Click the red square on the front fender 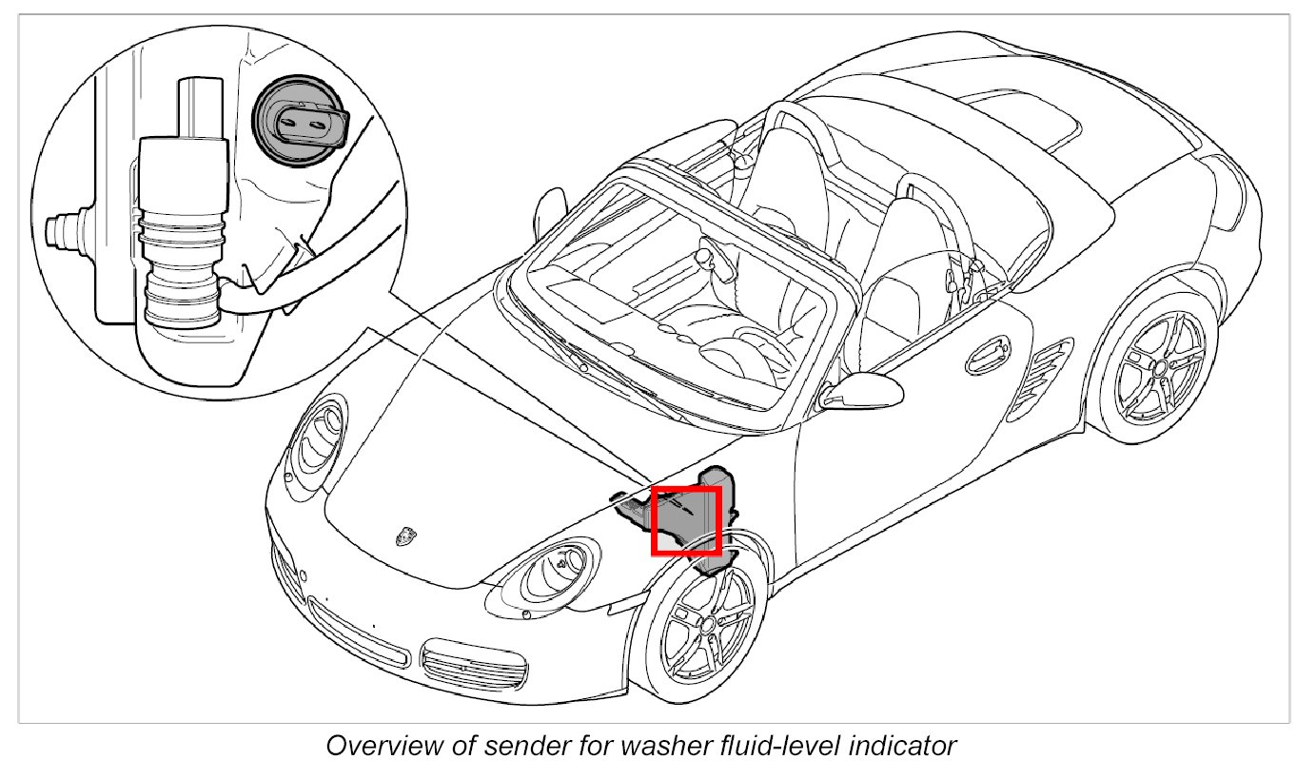tap(685, 519)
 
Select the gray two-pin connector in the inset tap(300, 122)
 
